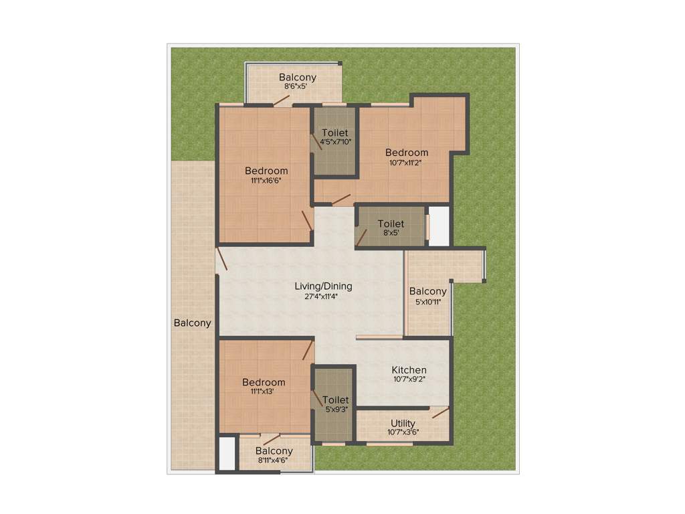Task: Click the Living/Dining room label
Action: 323,286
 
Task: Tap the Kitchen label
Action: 409,370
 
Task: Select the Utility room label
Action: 403,423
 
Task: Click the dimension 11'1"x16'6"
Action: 266,180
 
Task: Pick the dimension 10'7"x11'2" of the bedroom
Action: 406,162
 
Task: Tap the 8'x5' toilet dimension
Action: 390,234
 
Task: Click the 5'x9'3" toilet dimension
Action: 335,410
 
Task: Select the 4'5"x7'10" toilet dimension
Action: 335,142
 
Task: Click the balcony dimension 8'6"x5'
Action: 298,86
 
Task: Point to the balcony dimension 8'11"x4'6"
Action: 274,460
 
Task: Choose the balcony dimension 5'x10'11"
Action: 428,301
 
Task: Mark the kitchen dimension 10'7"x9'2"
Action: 409,379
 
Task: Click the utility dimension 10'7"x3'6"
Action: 403,432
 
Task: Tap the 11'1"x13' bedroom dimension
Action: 264,392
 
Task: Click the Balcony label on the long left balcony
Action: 192,323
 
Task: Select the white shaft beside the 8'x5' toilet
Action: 438,226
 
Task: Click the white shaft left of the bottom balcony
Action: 227,454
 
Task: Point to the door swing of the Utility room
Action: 440,412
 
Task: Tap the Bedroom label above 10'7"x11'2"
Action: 407,153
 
